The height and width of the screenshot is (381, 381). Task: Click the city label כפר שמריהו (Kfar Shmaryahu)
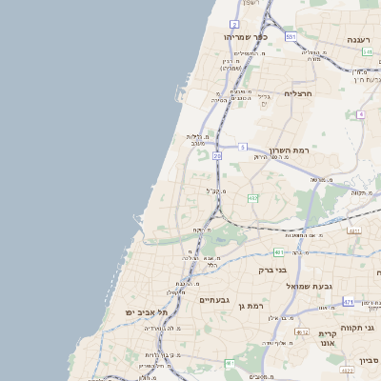pyautogui.click(x=246, y=37)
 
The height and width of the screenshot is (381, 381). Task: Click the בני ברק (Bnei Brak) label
pyautogui.click(x=273, y=270)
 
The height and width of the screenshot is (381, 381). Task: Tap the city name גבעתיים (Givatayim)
pyautogui.click(x=213, y=300)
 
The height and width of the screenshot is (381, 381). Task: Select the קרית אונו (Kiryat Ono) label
pyautogui.click(x=330, y=340)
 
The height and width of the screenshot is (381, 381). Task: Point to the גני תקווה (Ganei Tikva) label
pyautogui.click(x=363, y=328)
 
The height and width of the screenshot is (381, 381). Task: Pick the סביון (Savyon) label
pyautogui.click(x=369, y=360)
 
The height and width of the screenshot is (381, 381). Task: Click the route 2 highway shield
pyautogui.click(x=234, y=24)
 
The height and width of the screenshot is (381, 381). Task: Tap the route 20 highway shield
pyautogui.click(x=217, y=155)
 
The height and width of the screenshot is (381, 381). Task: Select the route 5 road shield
pyautogui.click(x=243, y=147)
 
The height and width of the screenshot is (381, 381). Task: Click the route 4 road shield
pyautogui.click(x=361, y=114)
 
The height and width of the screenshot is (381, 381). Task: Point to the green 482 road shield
pyautogui.click(x=252, y=198)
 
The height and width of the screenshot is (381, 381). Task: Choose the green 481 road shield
pyautogui.click(x=278, y=252)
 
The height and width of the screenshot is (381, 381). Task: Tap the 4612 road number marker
pyautogui.click(x=301, y=332)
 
